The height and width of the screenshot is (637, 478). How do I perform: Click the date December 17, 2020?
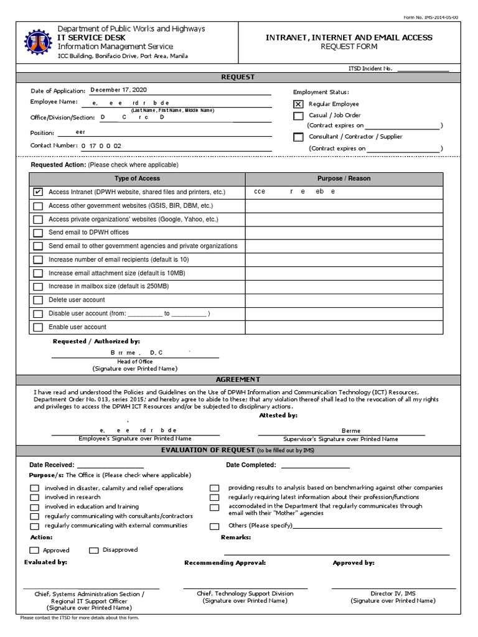[114, 90]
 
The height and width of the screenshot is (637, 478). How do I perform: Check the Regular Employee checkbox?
[298, 104]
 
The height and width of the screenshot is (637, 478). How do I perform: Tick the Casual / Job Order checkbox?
[298, 116]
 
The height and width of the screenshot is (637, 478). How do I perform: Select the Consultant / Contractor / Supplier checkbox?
[298, 137]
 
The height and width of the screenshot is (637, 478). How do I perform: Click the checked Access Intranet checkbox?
[39, 192]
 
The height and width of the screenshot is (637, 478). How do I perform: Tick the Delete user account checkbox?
[39, 300]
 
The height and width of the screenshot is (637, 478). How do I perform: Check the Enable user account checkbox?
[39, 327]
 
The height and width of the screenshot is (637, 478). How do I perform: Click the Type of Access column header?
[137, 179]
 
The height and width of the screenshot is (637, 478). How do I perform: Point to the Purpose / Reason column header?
[344, 179]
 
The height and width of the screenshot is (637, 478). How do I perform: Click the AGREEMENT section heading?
[238, 379]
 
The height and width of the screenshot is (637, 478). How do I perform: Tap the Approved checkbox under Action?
[34, 551]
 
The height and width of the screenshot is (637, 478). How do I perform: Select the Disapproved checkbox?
[94, 550]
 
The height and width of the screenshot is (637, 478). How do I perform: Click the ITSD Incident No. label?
[371, 68]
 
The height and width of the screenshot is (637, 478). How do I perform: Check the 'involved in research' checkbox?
[34, 498]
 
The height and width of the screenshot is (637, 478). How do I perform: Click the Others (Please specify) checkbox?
[214, 526]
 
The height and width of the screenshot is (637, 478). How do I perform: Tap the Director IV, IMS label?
[392, 594]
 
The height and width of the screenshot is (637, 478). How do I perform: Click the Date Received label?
[52, 465]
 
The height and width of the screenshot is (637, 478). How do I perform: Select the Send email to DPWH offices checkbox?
[39, 233]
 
